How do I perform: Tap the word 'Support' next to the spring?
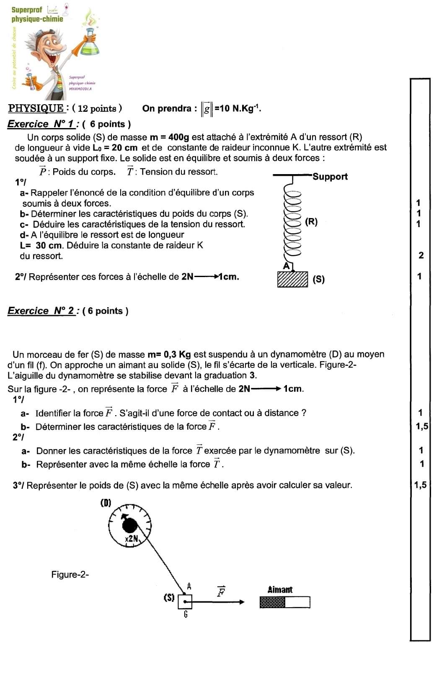click(330, 177)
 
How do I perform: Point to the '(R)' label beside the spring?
click(311, 222)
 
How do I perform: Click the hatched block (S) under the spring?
click(292, 279)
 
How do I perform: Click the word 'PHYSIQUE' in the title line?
click(36, 108)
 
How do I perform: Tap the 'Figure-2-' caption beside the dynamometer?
click(70, 575)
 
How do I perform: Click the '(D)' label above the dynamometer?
click(106, 503)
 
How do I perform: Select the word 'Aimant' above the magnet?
click(280, 590)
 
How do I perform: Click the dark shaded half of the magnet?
click(272, 602)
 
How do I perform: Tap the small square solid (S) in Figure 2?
click(185, 602)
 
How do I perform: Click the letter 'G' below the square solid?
click(186, 614)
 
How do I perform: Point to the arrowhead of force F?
click(241, 602)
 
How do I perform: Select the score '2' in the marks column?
click(421, 255)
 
